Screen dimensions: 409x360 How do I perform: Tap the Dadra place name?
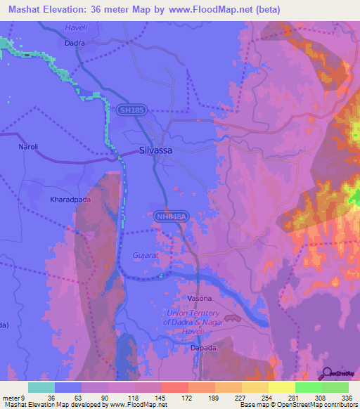coord(75,43)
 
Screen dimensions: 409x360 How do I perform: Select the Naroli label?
coord(27,148)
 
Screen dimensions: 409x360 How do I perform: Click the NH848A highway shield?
coord(172,219)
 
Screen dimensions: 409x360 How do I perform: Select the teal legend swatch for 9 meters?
coord(41,387)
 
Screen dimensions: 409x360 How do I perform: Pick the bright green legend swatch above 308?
coord(309,387)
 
